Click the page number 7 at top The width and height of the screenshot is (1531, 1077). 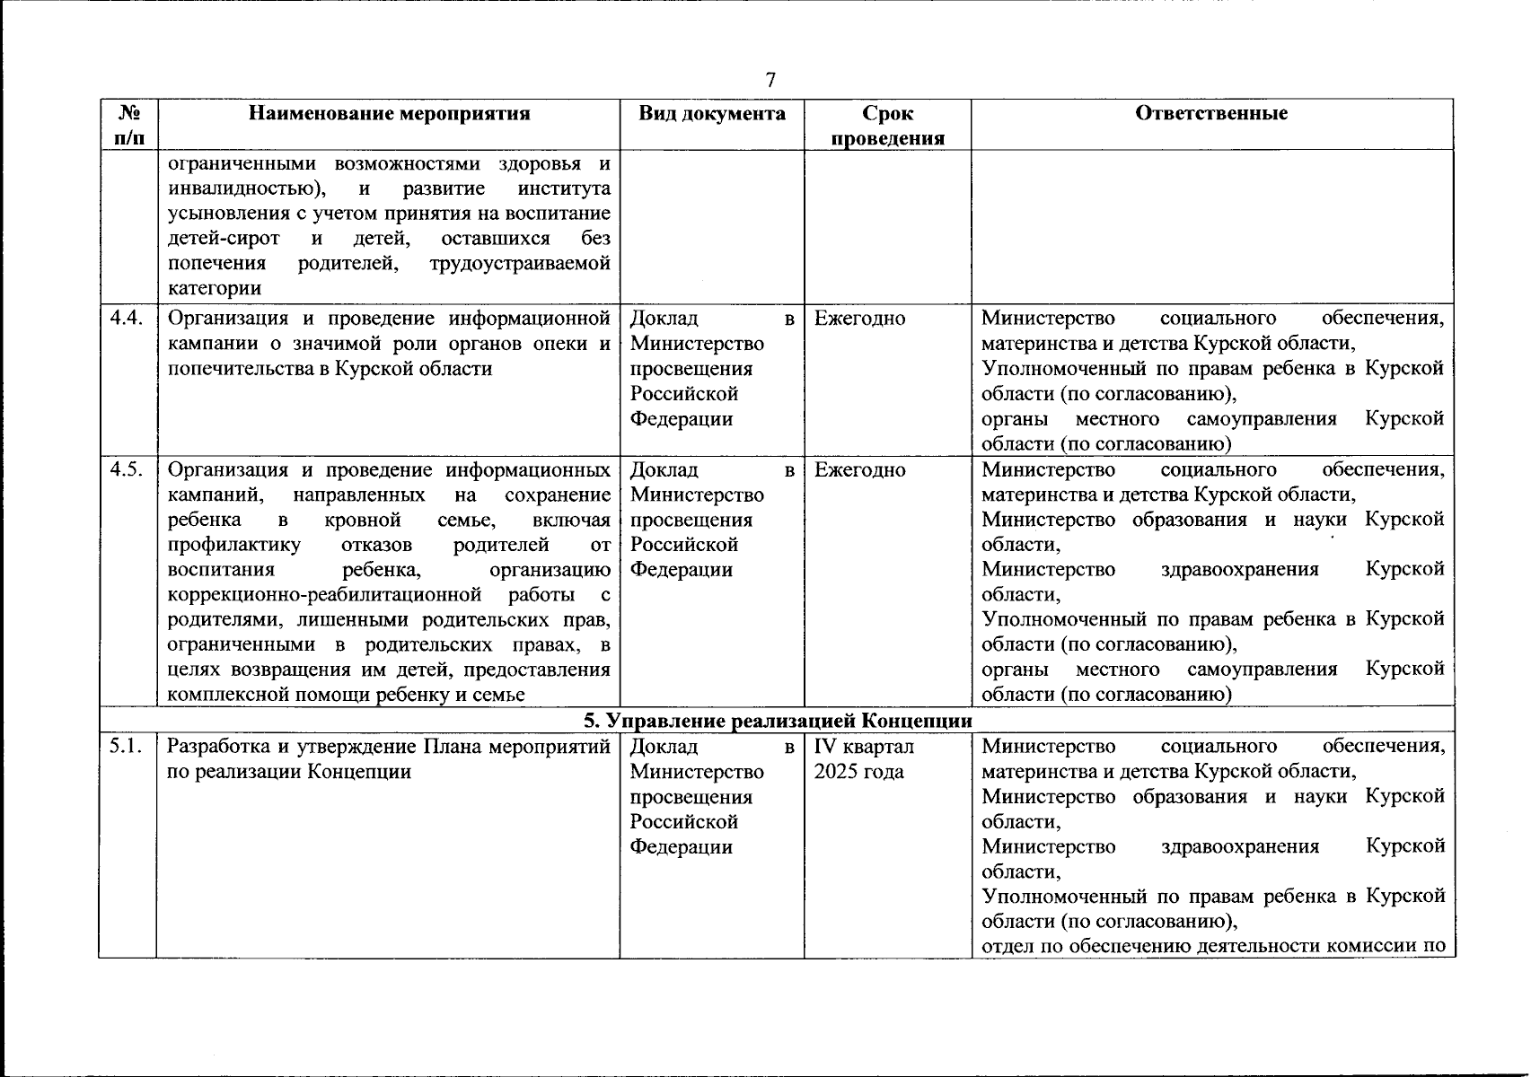point(770,80)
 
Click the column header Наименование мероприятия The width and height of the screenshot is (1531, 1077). point(389,114)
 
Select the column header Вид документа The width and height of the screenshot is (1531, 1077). point(712,114)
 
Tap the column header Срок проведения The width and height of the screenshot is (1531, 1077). point(887,126)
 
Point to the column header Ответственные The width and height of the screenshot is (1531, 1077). point(1211,114)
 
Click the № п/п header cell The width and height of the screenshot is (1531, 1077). point(128,126)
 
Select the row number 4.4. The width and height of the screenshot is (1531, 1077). point(127,319)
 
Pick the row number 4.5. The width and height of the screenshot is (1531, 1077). point(127,470)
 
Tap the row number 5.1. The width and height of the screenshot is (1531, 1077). point(127,747)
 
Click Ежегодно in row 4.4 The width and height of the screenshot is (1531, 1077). point(859,319)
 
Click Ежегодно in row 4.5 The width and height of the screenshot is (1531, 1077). point(859,470)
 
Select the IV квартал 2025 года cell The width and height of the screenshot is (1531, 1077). point(863,759)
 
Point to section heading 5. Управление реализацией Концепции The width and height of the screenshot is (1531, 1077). point(778,721)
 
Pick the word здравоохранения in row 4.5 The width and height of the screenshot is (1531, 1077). point(1240,570)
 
